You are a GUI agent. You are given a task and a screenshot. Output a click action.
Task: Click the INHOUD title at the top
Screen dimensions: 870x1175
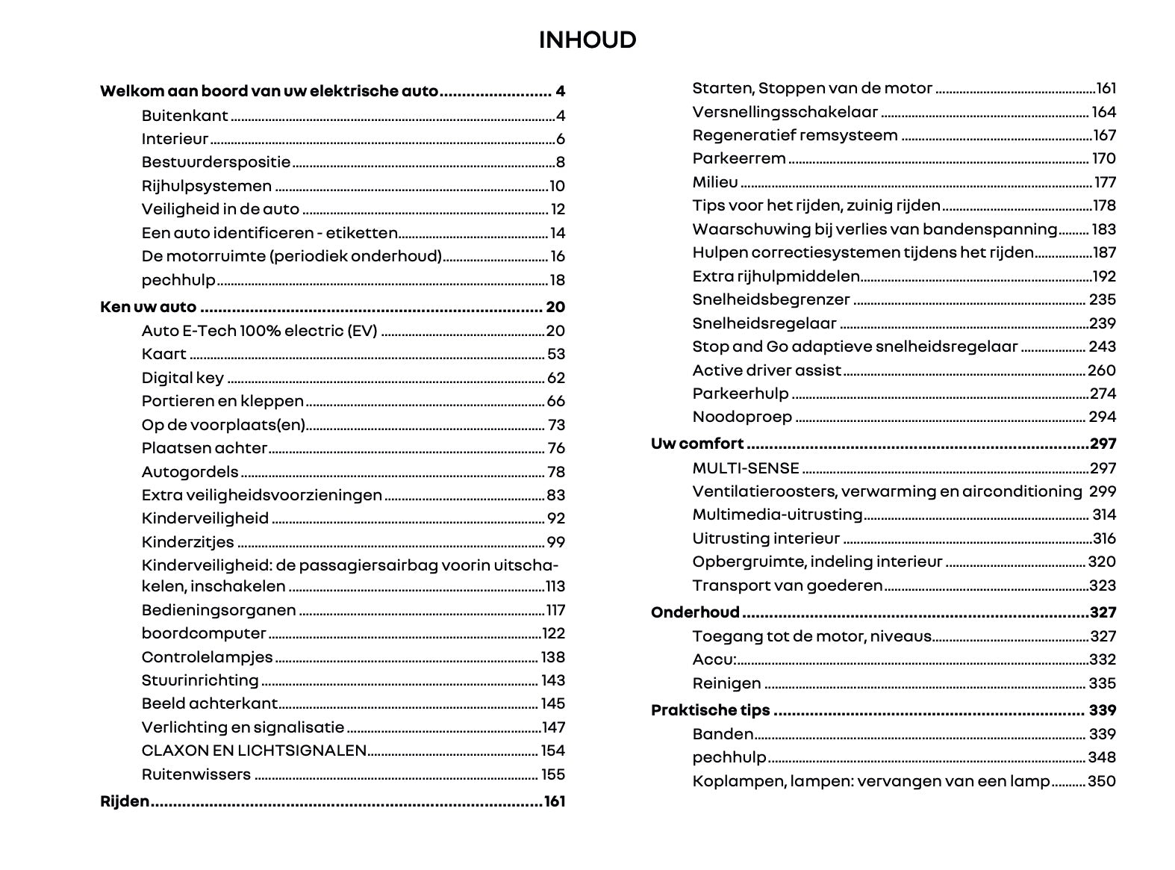(587, 40)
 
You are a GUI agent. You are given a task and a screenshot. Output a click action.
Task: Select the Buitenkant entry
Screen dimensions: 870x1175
(185, 116)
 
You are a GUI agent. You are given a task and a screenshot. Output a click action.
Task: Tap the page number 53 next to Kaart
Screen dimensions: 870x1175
(556, 354)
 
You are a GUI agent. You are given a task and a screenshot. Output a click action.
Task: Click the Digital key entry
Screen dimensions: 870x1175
(183, 378)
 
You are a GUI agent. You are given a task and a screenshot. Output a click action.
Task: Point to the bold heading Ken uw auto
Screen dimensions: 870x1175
(148, 307)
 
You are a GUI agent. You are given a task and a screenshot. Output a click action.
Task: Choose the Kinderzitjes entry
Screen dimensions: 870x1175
(188, 542)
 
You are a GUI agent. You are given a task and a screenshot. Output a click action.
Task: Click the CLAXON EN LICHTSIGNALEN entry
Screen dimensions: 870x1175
(254, 751)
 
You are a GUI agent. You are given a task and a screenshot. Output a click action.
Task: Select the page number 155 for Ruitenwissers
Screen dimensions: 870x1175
(553, 774)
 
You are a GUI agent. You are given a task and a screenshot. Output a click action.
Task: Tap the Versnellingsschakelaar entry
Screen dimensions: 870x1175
(785, 112)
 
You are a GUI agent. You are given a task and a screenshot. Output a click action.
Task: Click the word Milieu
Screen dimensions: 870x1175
(715, 182)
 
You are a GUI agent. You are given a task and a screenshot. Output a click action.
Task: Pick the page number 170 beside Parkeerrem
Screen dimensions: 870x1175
(1103, 158)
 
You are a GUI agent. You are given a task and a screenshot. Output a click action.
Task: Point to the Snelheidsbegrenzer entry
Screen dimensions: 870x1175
(771, 299)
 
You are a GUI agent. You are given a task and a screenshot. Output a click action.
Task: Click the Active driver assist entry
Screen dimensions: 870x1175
(767, 370)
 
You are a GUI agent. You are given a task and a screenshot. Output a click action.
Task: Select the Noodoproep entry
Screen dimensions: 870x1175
(742, 417)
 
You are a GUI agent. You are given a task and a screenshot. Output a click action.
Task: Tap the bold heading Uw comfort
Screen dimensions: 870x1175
(697, 444)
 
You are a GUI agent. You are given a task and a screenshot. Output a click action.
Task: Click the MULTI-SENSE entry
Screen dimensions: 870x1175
(746, 468)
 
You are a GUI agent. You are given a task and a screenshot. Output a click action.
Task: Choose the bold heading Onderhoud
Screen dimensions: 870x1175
(695, 612)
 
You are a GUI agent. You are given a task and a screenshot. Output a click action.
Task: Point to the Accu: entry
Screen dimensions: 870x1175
(714, 659)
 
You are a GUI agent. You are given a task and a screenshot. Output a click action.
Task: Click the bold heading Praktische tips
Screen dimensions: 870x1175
(710, 710)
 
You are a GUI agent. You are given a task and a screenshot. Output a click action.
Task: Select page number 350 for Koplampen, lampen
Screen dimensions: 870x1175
(1102, 781)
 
